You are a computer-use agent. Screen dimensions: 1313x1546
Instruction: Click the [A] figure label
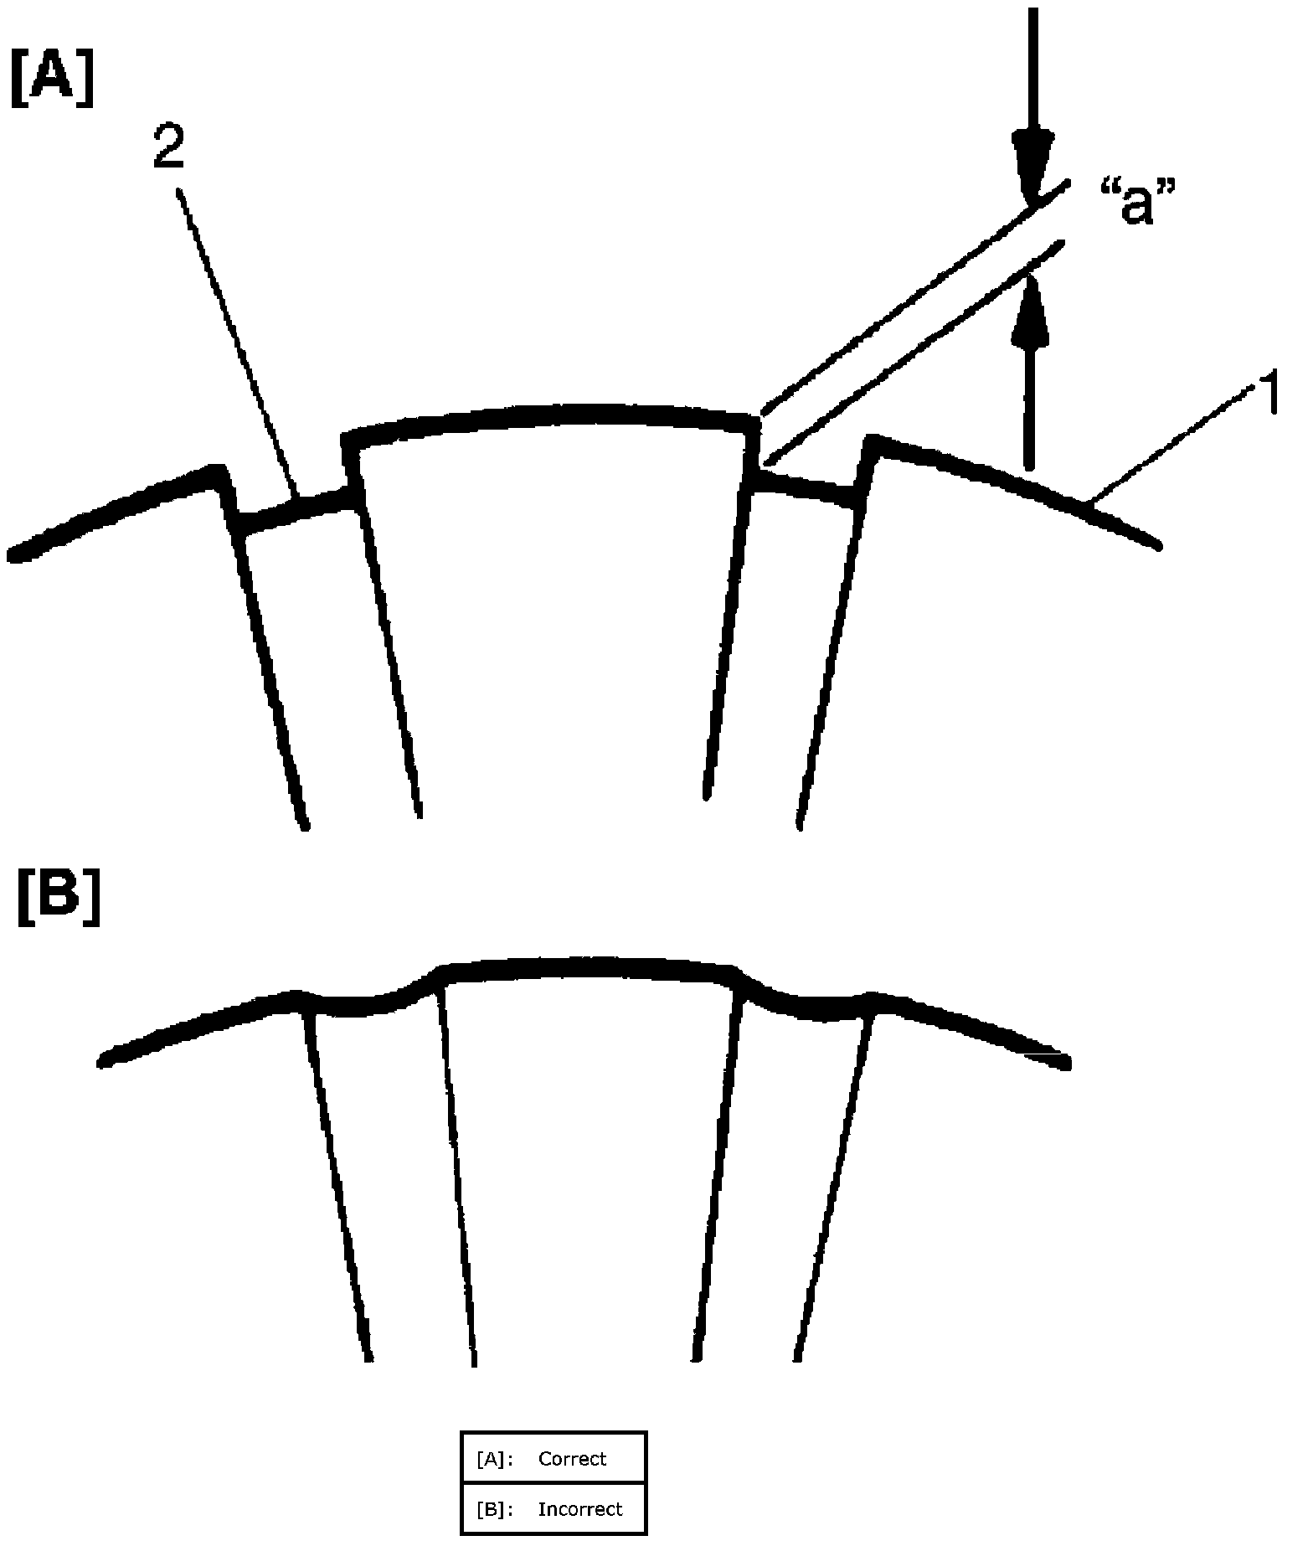click(52, 79)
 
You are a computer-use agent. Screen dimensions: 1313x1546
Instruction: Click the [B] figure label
click(59, 899)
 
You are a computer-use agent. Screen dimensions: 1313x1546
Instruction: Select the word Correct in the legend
click(572, 1458)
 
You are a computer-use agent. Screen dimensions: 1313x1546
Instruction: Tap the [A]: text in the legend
click(493, 1458)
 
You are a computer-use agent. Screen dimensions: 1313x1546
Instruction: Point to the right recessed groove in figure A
click(808, 490)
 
